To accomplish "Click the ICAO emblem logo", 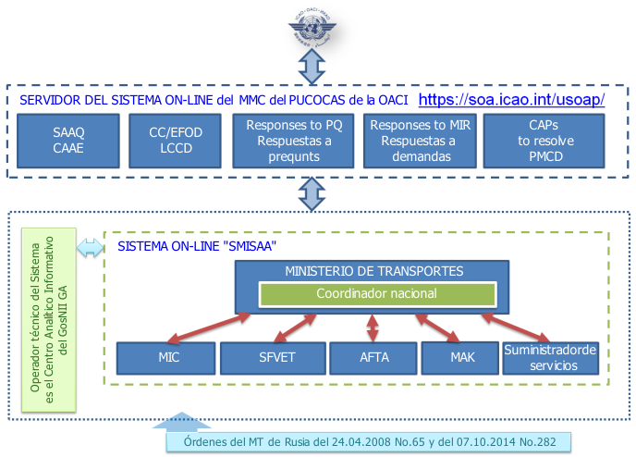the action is tap(312, 27).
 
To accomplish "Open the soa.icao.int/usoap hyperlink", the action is tap(511, 99).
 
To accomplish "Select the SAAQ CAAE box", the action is tap(68, 141).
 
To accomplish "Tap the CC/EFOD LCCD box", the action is tap(176, 141).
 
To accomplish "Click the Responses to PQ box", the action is tap(293, 141).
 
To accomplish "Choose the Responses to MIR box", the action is tap(420, 141).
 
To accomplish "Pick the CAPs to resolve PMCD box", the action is tap(544, 141).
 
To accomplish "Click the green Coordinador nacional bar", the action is tap(377, 294).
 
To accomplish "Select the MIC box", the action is tap(165, 358).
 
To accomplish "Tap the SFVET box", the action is tap(273, 358).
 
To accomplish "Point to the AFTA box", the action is tap(373, 358).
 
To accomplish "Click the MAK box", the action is tap(460, 358).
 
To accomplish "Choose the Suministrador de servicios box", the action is tap(551, 358).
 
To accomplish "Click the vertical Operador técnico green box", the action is tap(49, 320).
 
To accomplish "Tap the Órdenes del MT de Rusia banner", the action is tap(368, 442).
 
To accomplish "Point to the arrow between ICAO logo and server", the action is tap(312, 67).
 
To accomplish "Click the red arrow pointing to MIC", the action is tap(209, 327).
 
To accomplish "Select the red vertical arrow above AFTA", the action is tap(373, 327).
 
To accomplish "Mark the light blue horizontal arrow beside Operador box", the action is tap(90, 248).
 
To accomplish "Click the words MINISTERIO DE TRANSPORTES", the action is tap(374, 271).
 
